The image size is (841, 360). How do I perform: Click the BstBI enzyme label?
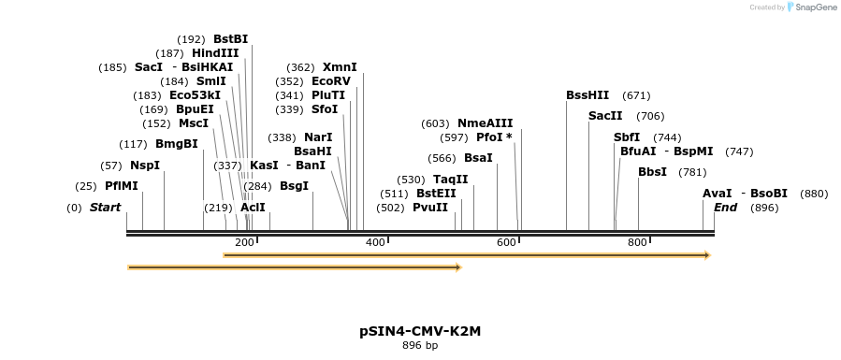click(x=230, y=39)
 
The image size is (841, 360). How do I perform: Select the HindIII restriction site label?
click(x=215, y=53)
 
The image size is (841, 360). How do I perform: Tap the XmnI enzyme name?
click(x=340, y=67)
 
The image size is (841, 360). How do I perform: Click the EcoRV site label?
click(x=331, y=81)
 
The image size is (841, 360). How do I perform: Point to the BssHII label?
click(x=587, y=95)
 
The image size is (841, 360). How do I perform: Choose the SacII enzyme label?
click(x=605, y=116)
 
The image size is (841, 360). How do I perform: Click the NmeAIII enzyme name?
click(x=485, y=123)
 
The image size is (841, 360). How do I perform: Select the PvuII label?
click(x=430, y=208)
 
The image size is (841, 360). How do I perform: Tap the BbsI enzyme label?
click(x=652, y=172)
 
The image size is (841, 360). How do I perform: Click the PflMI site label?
click(x=122, y=186)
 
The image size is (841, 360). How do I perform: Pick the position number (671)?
click(x=636, y=95)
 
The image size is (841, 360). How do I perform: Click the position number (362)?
click(x=300, y=67)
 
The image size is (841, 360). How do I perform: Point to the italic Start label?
click(x=105, y=208)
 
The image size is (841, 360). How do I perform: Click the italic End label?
click(x=725, y=208)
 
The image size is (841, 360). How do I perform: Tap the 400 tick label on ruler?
click(x=375, y=243)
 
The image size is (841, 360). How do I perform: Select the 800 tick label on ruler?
click(x=637, y=243)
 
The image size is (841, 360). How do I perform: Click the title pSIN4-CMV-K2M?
click(x=420, y=331)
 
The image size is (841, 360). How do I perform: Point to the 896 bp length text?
click(x=420, y=346)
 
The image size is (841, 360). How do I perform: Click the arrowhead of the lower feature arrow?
click(x=458, y=267)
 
